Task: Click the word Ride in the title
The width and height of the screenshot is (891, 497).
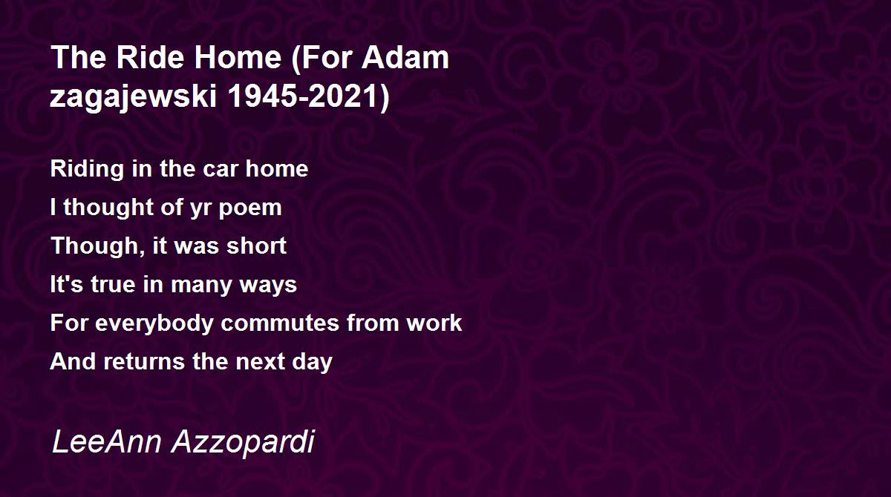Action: (150, 58)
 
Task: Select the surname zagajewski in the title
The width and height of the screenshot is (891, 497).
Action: (133, 97)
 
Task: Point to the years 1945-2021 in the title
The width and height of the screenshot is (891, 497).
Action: (309, 96)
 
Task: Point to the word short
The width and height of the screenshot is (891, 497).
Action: (257, 246)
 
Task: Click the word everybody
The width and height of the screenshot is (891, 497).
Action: (154, 323)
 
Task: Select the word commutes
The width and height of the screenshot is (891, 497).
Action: (280, 323)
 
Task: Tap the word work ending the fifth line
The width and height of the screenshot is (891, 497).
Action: (434, 323)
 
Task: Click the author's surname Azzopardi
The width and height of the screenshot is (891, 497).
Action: (243, 442)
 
